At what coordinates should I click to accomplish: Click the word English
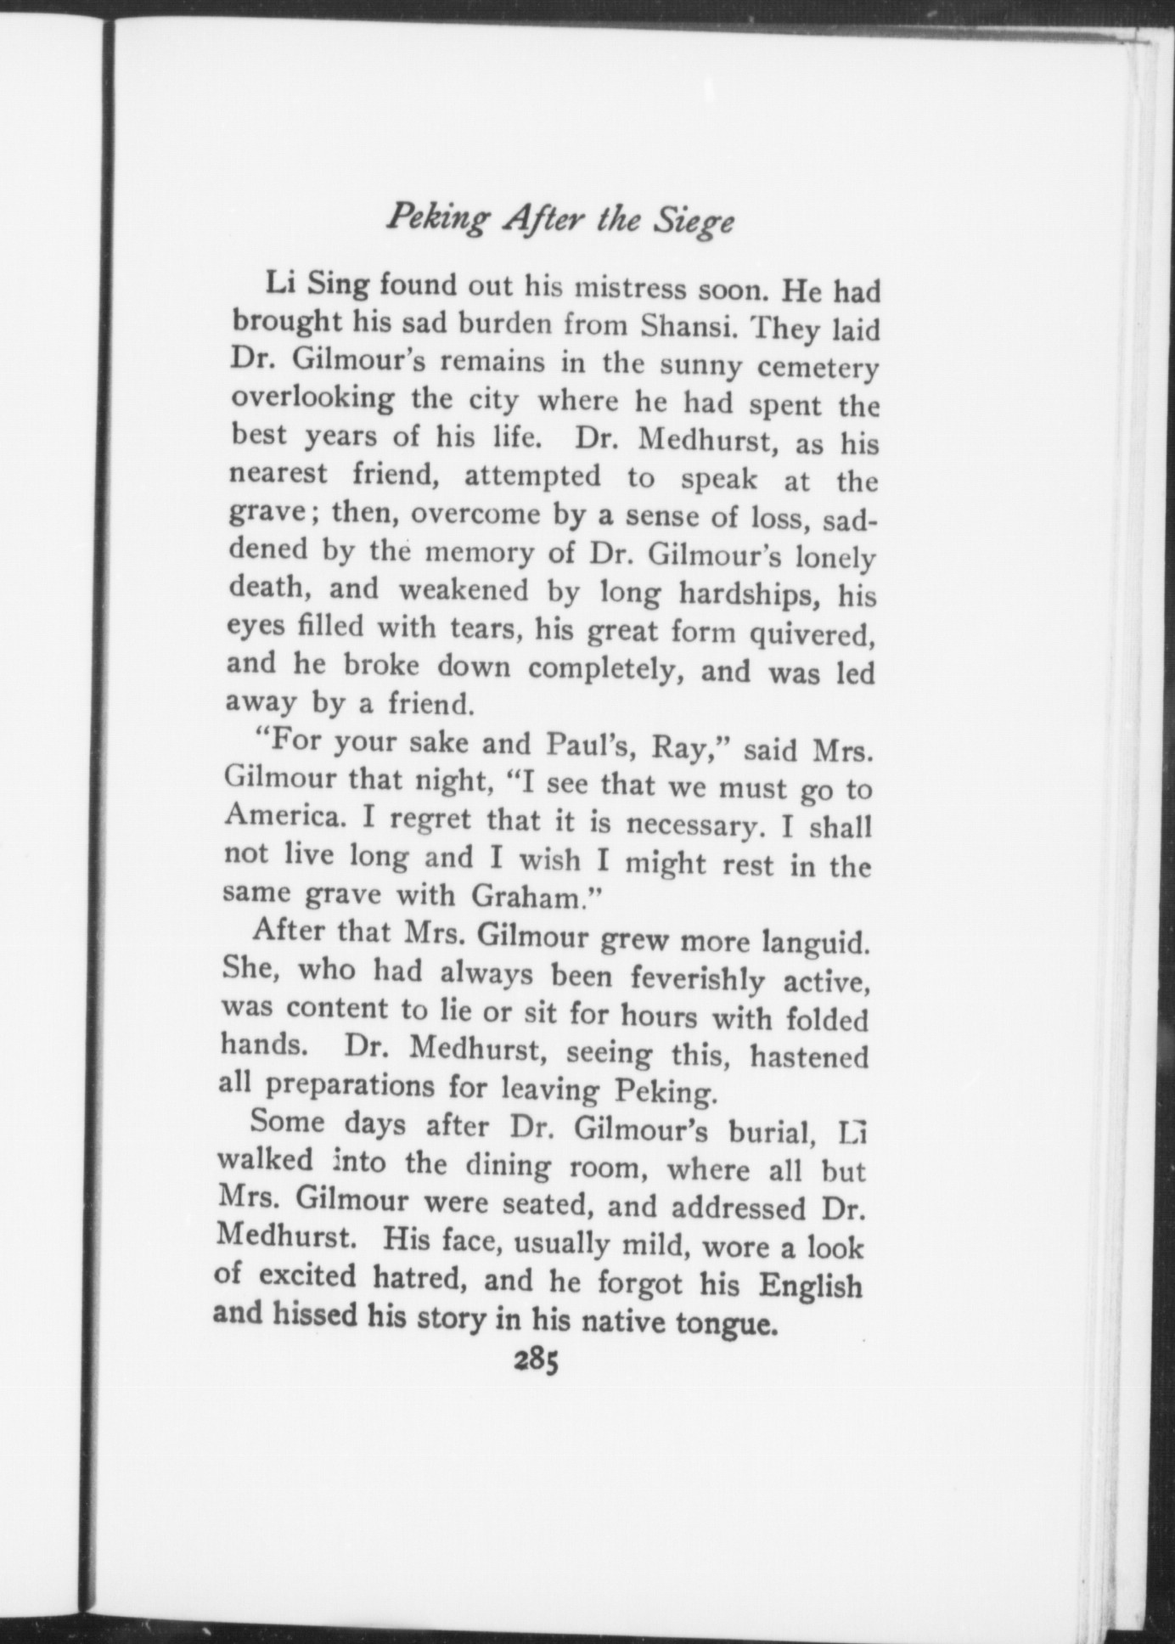tap(810, 1285)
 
